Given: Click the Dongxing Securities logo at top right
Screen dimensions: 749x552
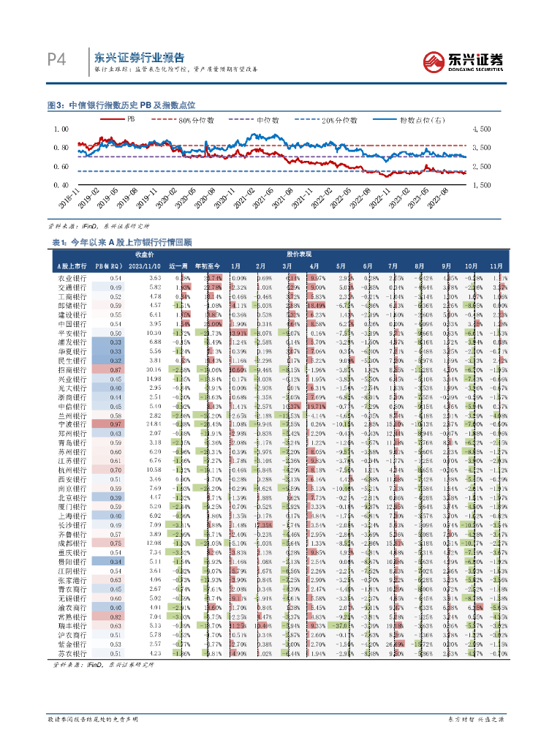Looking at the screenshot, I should tap(464, 60).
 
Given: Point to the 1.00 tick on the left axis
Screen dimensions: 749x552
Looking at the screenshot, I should tap(61, 129).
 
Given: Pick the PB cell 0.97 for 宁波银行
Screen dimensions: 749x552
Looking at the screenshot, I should tap(115, 424).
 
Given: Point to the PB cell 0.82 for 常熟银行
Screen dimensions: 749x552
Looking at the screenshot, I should tap(115, 617).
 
